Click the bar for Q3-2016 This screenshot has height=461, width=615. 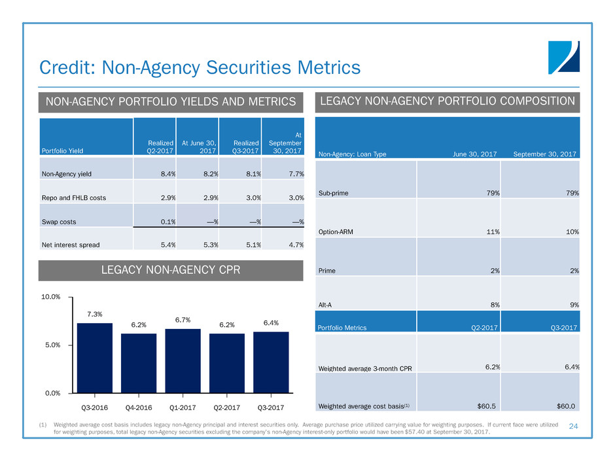95,358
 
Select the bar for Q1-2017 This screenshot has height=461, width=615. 183,360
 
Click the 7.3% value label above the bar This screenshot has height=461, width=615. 95,315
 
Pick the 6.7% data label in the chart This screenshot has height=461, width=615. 183,320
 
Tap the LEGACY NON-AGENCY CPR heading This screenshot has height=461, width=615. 171,270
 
